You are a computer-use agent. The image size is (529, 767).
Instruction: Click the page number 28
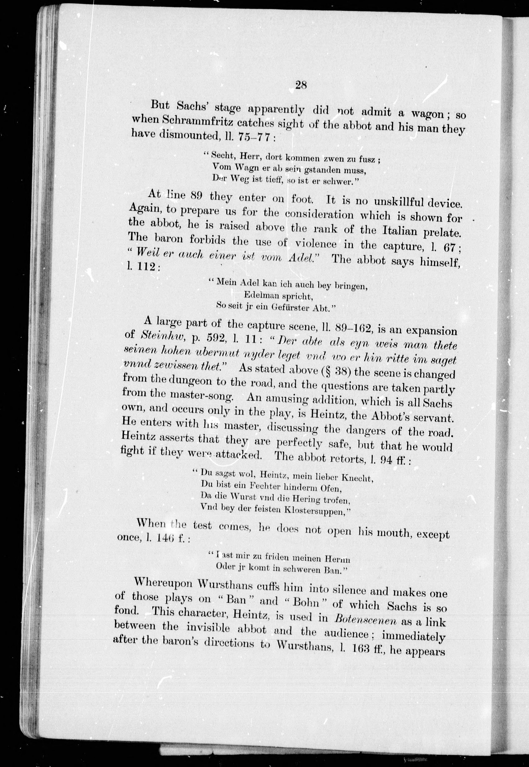(301, 85)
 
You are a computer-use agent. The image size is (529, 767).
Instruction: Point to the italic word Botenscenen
(365, 619)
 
